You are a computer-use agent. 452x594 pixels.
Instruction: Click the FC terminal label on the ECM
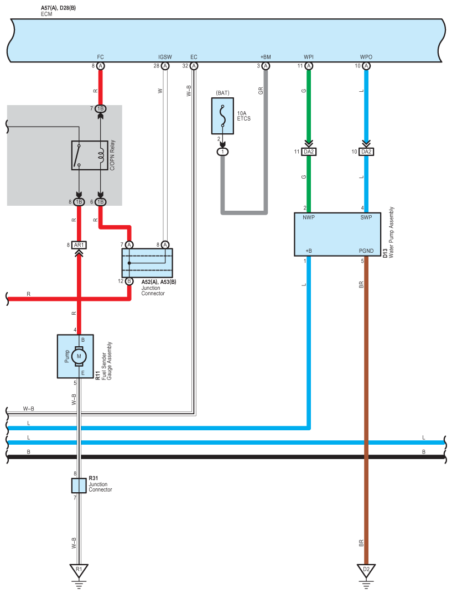tap(100, 57)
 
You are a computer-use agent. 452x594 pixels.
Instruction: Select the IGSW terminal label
tap(165, 57)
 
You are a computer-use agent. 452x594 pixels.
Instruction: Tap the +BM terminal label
tap(266, 57)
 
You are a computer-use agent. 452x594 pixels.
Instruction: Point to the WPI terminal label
tap(309, 57)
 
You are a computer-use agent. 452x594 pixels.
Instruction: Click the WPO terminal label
tap(366, 57)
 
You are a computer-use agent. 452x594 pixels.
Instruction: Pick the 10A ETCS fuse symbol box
tap(222, 116)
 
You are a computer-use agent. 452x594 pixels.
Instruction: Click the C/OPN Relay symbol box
tap(90, 155)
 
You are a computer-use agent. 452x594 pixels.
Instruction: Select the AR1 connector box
tap(79, 245)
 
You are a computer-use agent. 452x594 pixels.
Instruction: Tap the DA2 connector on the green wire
tap(309, 152)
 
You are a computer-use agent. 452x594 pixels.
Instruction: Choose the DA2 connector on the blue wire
tap(366, 152)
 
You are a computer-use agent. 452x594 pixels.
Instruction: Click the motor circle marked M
tap(79, 356)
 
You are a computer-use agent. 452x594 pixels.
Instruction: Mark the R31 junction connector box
tap(79, 485)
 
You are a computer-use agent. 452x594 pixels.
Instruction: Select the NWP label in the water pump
tap(309, 217)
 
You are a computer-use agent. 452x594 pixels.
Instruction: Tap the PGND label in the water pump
tap(366, 251)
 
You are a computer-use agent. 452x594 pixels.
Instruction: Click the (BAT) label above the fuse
tap(223, 93)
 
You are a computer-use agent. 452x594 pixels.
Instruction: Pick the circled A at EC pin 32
tap(194, 66)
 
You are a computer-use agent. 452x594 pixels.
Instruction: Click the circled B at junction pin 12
tap(129, 281)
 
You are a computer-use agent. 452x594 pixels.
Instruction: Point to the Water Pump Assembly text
tap(391, 232)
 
